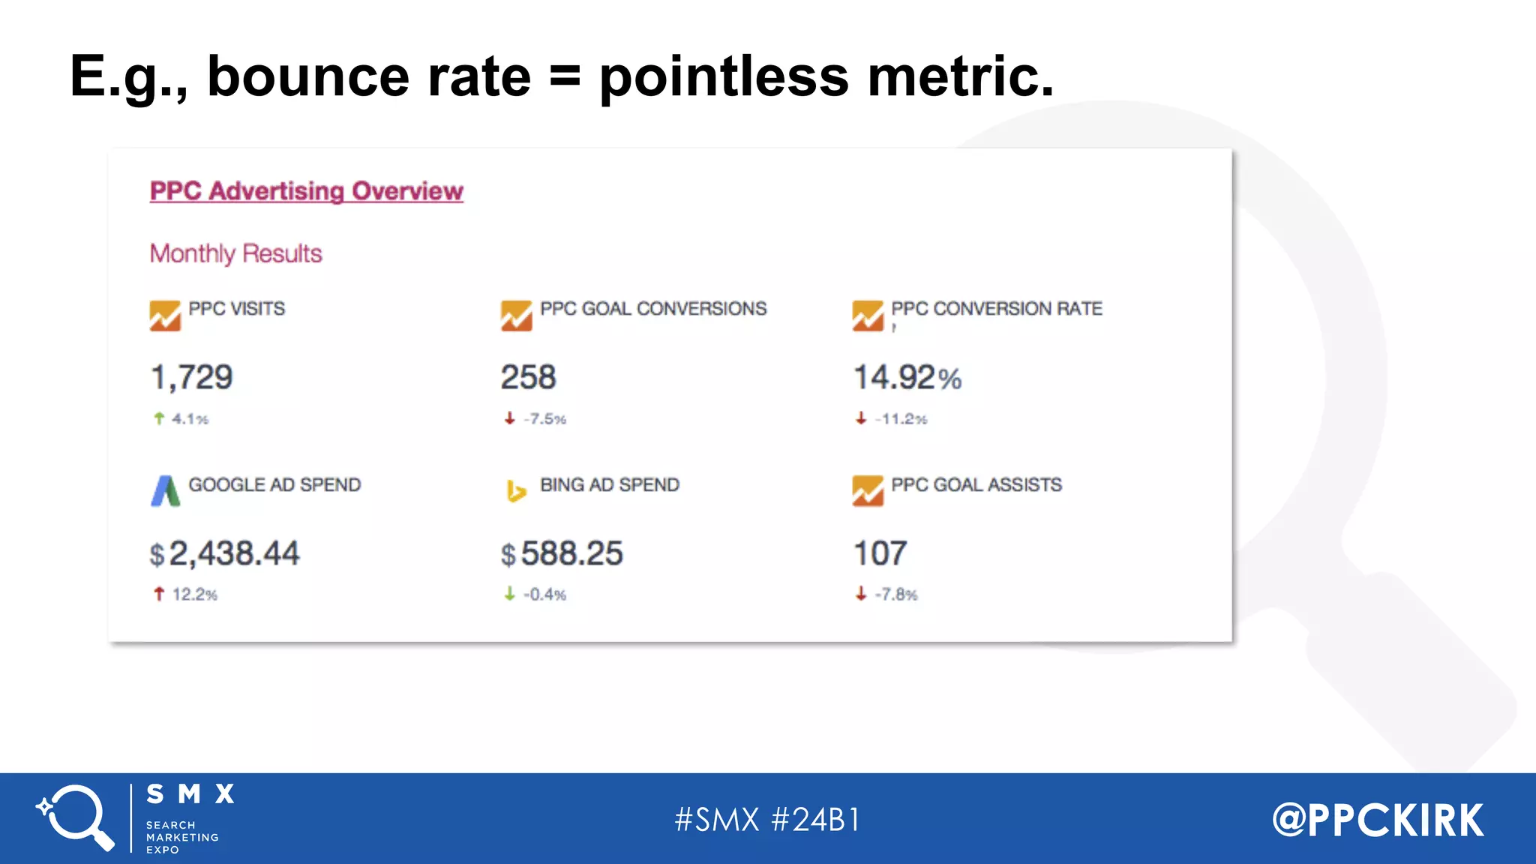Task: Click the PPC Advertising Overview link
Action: click(x=306, y=191)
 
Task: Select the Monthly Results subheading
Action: click(x=235, y=253)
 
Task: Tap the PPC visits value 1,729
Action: click(x=192, y=377)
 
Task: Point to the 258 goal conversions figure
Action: click(x=528, y=377)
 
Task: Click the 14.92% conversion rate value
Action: click(x=907, y=377)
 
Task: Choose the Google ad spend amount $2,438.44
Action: click(x=225, y=554)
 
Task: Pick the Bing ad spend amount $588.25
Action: click(x=562, y=554)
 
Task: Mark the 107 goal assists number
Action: click(x=880, y=554)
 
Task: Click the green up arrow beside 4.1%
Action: click(x=159, y=418)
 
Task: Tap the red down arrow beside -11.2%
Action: click(x=861, y=418)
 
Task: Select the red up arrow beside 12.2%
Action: click(x=159, y=594)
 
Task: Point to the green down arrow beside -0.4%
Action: click(x=510, y=594)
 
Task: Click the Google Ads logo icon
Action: click(x=166, y=491)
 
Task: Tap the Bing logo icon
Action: click(x=516, y=491)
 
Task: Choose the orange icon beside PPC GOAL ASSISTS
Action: click(x=868, y=491)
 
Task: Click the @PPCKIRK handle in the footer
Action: click(x=1378, y=820)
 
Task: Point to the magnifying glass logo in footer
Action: click(x=76, y=817)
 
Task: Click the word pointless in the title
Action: click(x=724, y=76)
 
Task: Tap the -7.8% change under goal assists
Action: click(x=895, y=595)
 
